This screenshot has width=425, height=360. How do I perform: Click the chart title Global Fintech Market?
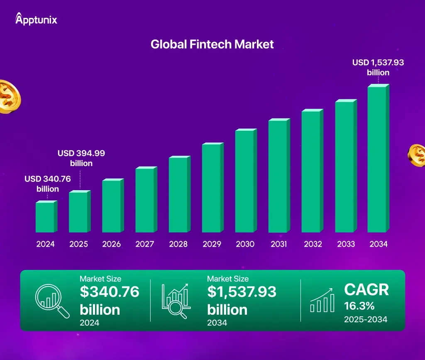click(x=212, y=44)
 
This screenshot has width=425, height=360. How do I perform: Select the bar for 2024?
click(x=45, y=217)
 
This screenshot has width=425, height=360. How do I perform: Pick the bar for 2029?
click(x=212, y=188)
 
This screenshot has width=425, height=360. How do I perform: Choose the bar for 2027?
click(x=145, y=200)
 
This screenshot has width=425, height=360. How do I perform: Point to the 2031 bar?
click(x=278, y=176)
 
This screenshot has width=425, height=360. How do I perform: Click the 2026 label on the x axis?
click(x=112, y=244)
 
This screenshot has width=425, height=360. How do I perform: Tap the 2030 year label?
click(x=245, y=244)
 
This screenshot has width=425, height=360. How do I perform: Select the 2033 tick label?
click(x=345, y=244)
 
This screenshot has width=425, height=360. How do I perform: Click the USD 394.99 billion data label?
click(x=81, y=158)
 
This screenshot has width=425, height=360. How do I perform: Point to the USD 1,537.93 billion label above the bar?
click(x=378, y=67)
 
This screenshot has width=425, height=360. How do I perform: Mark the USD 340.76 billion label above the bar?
click(x=48, y=184)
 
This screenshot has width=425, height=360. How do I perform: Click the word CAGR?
click(x=366, y=290)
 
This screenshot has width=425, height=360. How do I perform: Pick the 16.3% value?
click(x=359, y=306)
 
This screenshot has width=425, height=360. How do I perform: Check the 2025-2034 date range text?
click(x=366, y=319)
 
